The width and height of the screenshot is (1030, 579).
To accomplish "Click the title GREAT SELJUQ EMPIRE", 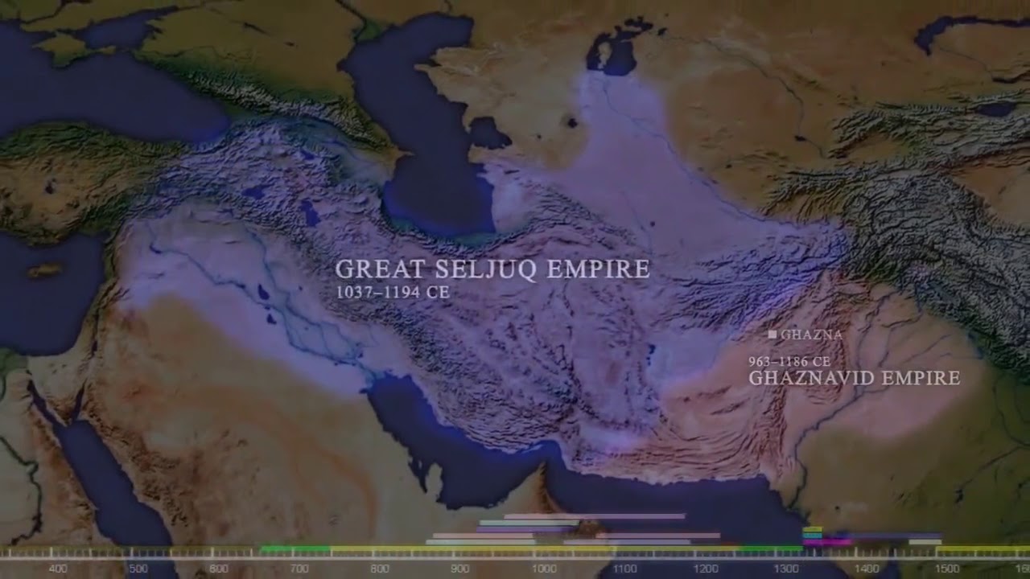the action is coord(492,269).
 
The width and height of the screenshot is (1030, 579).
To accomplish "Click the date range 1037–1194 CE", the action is coord(392,293).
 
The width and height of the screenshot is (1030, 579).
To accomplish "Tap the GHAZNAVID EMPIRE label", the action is coord(854,378).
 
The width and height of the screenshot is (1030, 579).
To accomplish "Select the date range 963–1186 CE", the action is coord(789,362).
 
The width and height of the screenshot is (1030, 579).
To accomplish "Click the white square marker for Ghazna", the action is coord(772,334).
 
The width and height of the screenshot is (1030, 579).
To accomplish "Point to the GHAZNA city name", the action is coord(811,335).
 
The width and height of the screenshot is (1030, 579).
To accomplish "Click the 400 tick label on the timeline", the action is coord(58,569).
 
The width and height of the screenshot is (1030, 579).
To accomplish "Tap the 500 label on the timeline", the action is coord(138,569).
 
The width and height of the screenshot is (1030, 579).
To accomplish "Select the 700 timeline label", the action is coord(299,569).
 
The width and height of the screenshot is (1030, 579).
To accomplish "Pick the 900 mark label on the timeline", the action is coord(460,569).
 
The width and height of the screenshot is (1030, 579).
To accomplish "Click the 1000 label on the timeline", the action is coord(544,569).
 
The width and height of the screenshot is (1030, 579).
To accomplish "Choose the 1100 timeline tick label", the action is coord(625,569).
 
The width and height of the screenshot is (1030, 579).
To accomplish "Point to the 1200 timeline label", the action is coord(706,569).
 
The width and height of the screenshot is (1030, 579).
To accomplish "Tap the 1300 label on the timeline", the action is coord(787,569).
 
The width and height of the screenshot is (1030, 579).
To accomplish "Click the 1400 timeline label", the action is coord(867,569).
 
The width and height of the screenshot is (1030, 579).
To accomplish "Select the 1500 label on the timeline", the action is coord(948,569).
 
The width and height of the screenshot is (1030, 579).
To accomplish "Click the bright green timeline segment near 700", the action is coord(295,549).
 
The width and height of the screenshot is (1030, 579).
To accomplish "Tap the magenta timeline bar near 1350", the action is coord(826,543).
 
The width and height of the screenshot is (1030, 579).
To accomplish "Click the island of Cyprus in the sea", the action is coord(45,270).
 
